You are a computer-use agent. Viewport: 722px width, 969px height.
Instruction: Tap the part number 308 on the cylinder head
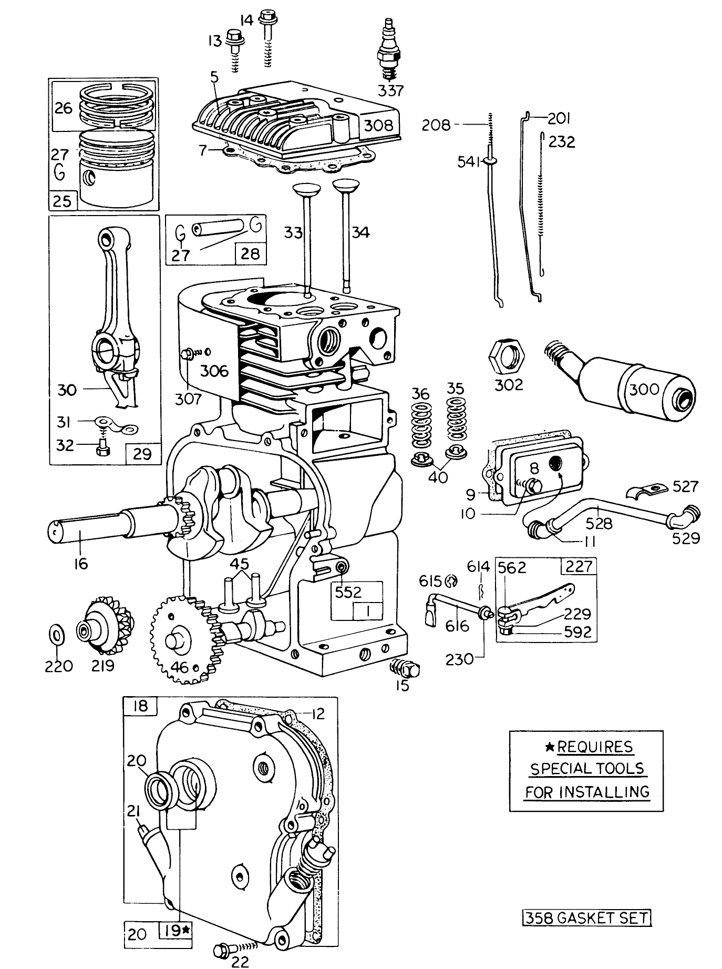[379, 125]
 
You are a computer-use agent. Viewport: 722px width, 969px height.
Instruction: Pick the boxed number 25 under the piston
[63, 201]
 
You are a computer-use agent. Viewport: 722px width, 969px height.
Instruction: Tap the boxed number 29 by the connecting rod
[142, 453]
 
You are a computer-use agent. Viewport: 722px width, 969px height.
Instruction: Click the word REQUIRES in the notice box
[594, 747]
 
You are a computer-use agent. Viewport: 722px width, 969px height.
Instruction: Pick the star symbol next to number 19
[187, 931]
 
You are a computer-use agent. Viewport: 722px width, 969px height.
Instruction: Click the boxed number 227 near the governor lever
[580, 566]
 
